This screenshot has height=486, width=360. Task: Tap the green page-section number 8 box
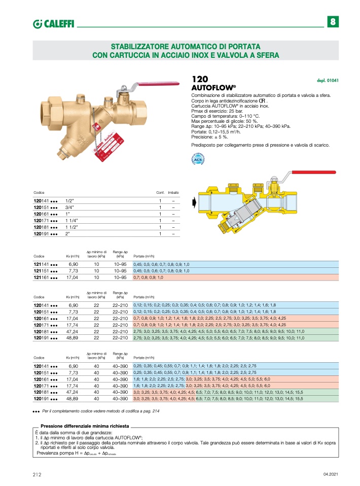coord(332,22)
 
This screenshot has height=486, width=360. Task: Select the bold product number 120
coord(200,80)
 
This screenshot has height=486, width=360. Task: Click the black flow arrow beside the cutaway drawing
coord(195,203)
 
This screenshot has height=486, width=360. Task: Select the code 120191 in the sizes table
coord(45,234)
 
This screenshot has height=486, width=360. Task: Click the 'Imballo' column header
coord(173,193)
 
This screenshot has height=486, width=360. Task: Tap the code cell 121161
coord(45,278)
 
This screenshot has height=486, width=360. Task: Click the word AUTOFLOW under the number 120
coord(208,88)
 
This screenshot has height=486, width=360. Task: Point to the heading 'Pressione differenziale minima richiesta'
coord(85,426)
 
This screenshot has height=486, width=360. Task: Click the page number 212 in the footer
coord(36,474)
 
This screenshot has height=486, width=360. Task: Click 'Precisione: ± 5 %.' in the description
coord(209,136)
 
